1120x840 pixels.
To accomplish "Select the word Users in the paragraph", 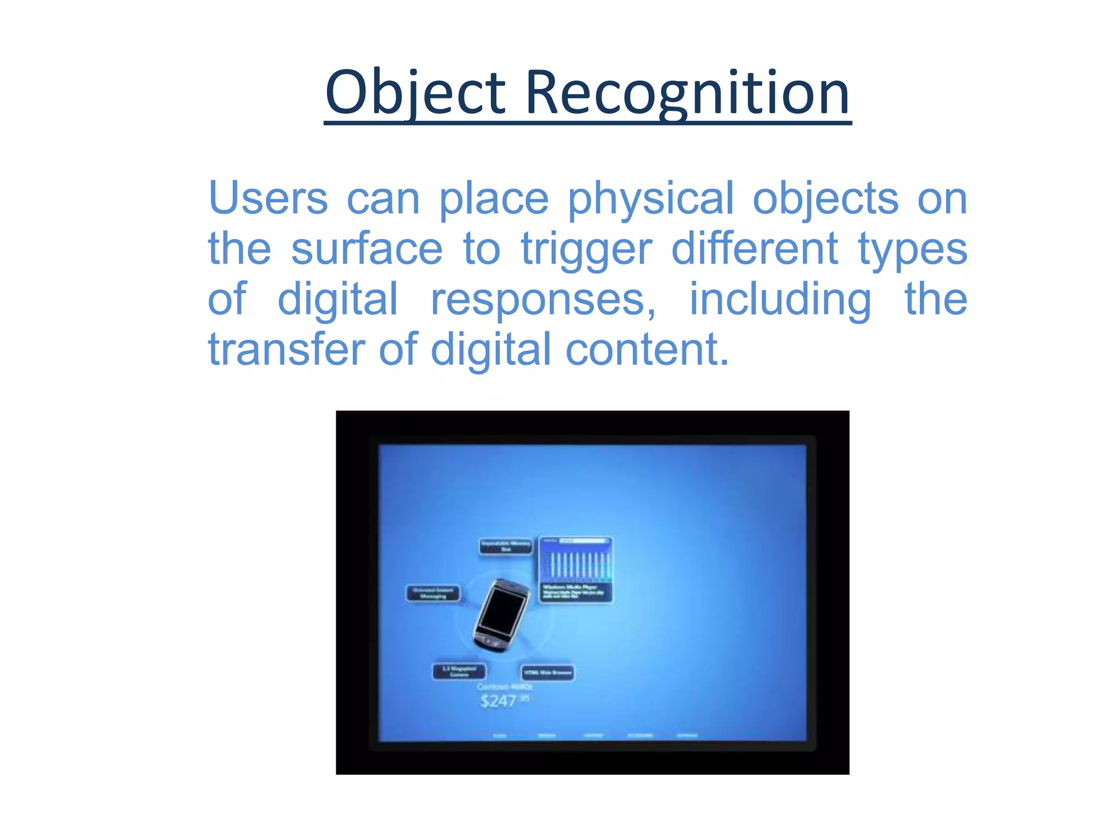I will pos(268,198).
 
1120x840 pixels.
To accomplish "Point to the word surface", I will pos(366,249).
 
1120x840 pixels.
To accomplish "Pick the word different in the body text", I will pos(754,249).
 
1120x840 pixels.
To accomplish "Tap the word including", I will pos(780,300).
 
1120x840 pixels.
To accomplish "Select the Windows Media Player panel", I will pos(575,570).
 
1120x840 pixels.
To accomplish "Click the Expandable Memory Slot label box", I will pos(505,546).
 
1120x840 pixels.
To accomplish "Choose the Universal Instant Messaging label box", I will pos(433,593).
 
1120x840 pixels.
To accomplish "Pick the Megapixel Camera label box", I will pos(459,671).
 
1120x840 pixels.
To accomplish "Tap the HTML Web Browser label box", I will pos(547,673).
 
